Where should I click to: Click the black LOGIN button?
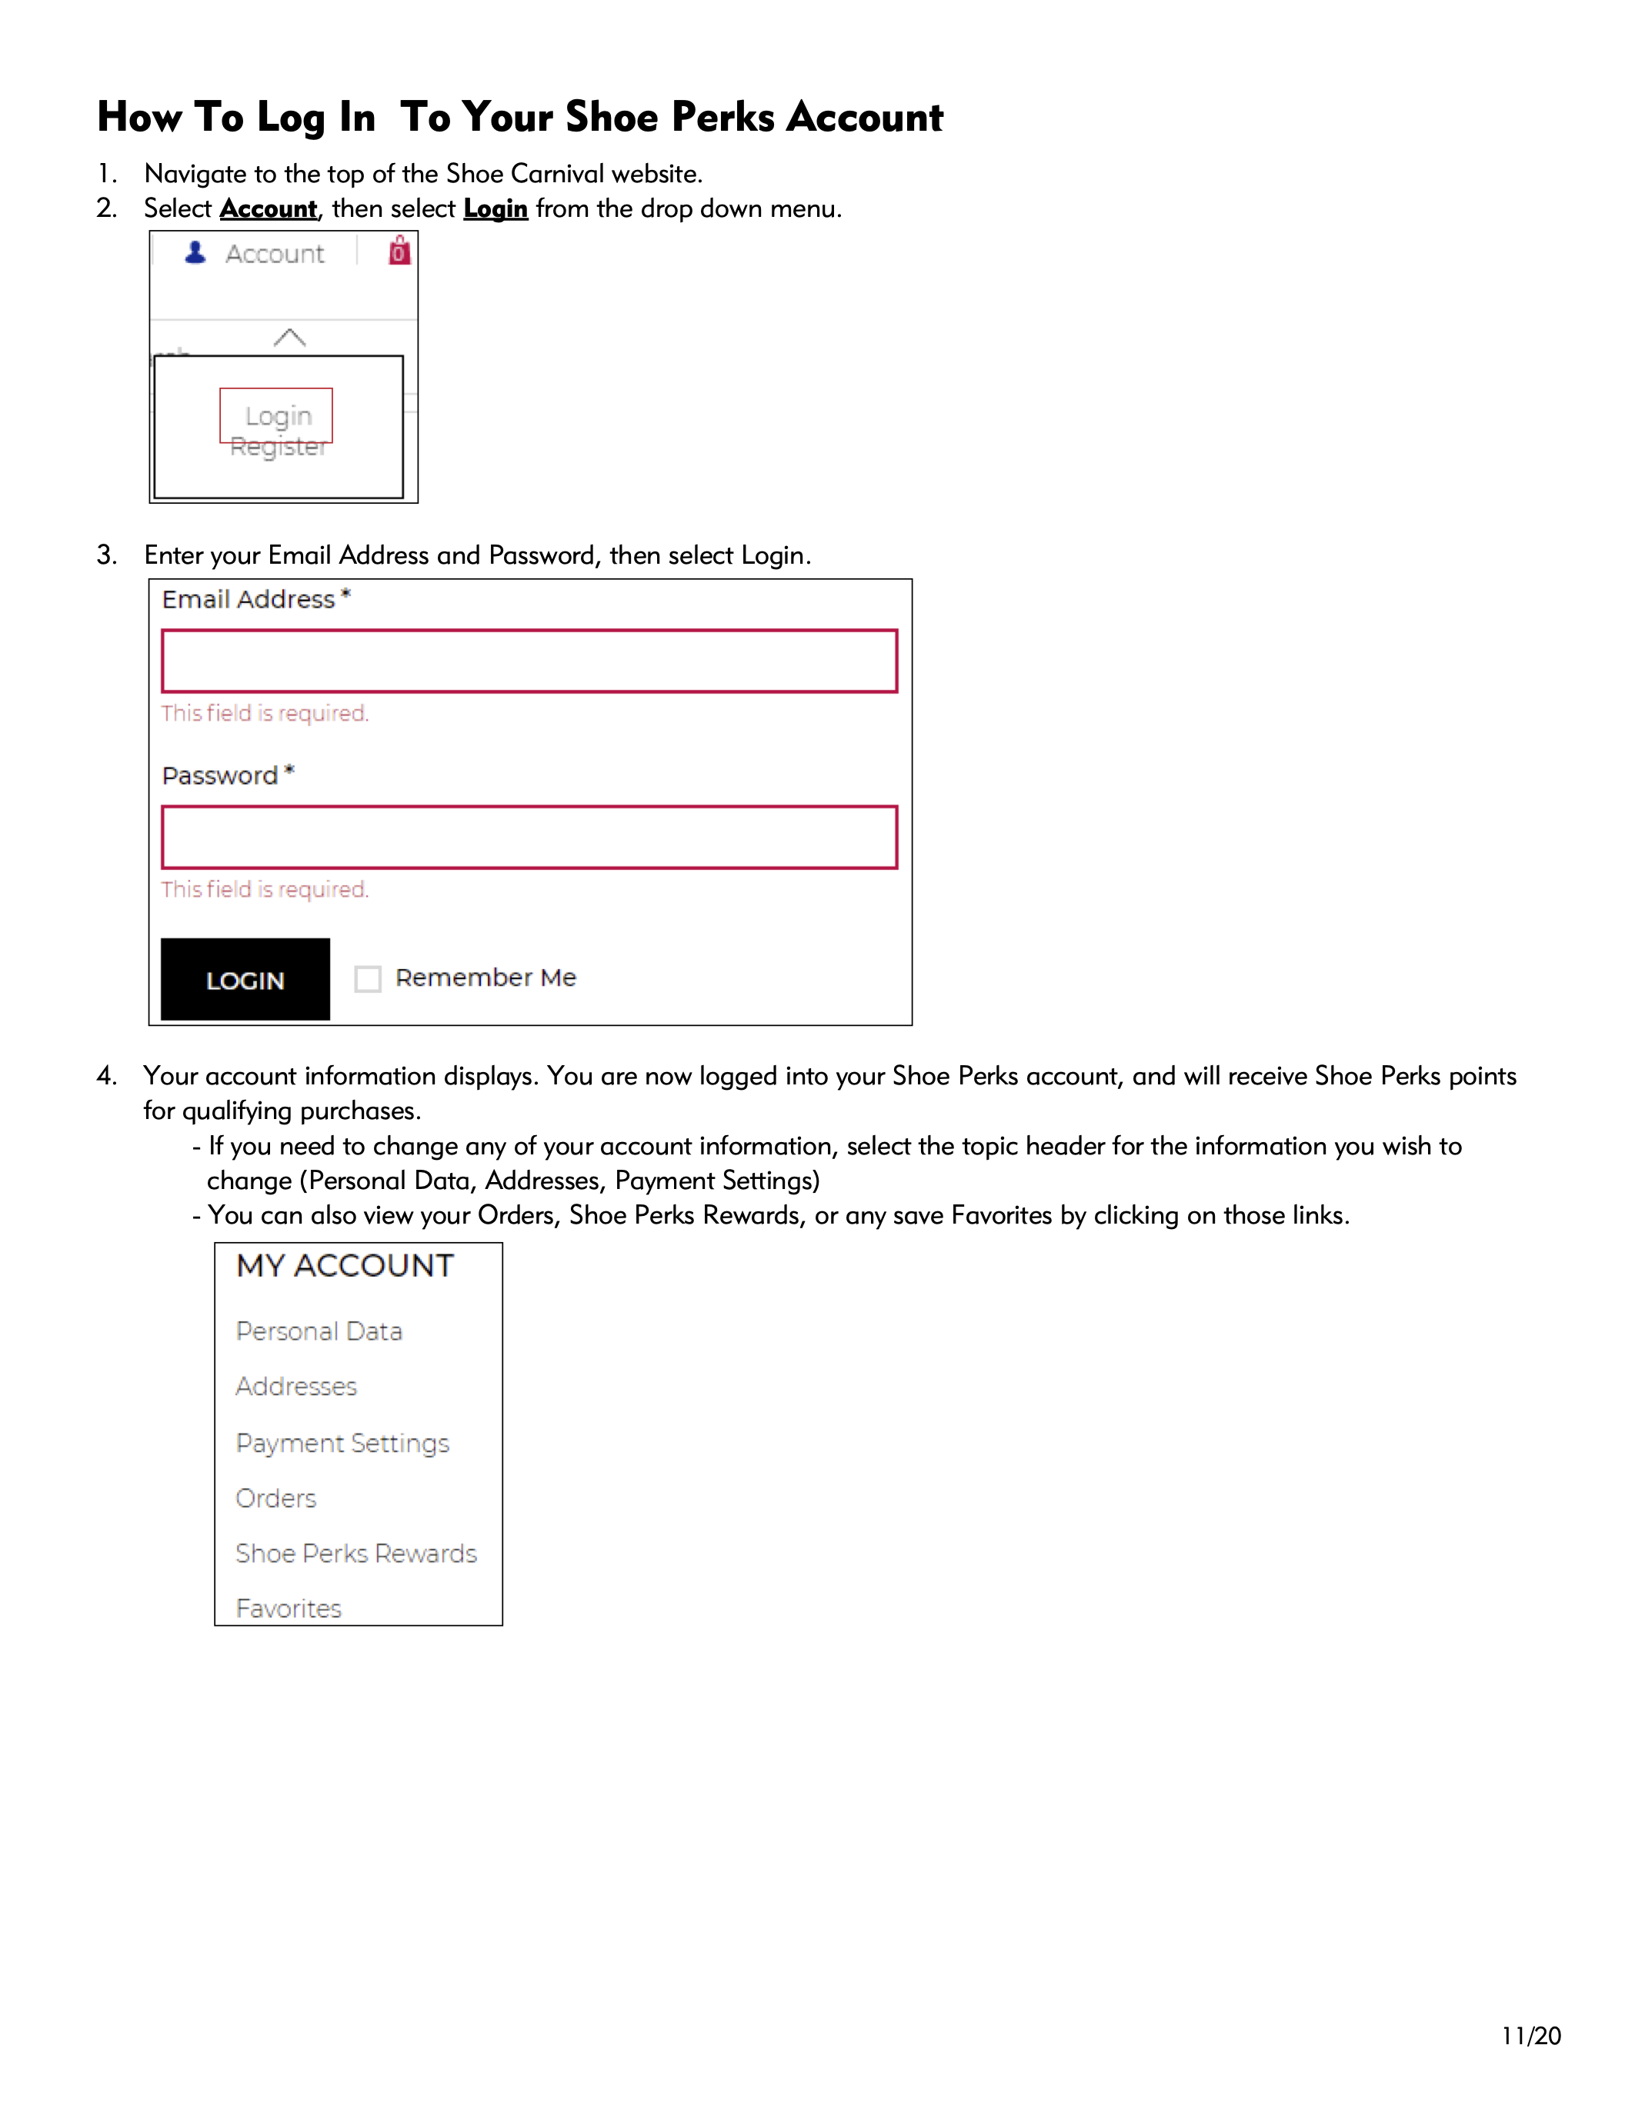(x=245, y=979)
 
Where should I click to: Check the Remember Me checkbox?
(x=368, y=979)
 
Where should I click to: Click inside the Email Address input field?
(x=529, y=661)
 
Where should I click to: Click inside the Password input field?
(x=529, y=838)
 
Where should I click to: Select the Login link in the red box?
(x=278, y=416)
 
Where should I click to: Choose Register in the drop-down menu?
(x=278, y=448)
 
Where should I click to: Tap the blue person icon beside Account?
(x=195, y=253)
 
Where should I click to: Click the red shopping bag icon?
(x=399, y=251)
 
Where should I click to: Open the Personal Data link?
(x=319, y=1331)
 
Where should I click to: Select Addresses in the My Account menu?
(x=296, y=1387)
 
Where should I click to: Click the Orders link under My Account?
(x=276, y=1499)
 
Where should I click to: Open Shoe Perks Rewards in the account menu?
(x=356, y=1554)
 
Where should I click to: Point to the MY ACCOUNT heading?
(x=345, y=1266)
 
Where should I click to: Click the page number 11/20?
(x=1531, y=2036)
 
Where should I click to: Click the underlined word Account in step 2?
(x=269, y=209)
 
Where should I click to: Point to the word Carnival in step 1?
(x=557, y=175)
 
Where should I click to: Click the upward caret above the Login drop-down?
(x=289, y=338)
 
